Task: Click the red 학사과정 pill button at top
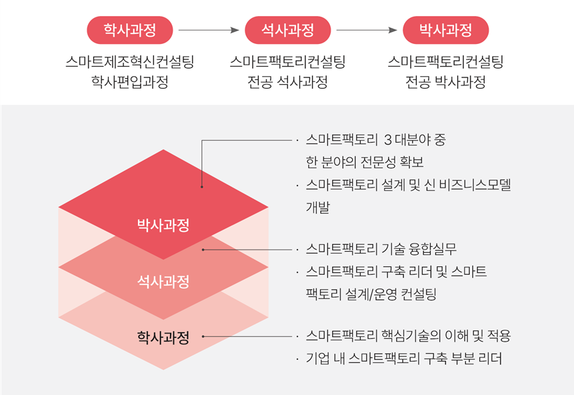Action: [x=130, y=30]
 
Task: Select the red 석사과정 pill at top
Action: [x=287, y=30]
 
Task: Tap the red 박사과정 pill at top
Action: [x=445, y=30]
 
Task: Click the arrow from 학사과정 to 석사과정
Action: [x=209, y=30]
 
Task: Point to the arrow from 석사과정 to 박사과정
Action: [x=367, y=30]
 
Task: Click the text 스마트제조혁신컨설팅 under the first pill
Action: [x=130, y=63]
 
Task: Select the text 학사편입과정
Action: [x=130, y=83]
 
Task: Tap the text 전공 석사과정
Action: [x=287, y=83]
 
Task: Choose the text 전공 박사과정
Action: [x=445, y=83]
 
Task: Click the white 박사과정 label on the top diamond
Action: [x=163, y=224]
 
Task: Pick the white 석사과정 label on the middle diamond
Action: [x=163, y=281]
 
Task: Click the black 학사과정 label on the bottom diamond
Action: [x=163, y=338]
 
